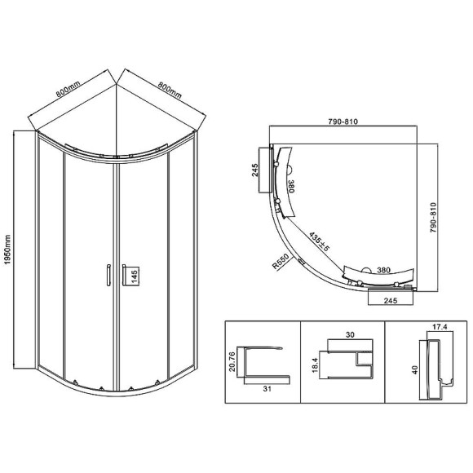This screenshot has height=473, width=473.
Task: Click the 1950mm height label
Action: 7,250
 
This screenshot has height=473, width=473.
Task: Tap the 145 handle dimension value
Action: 135,276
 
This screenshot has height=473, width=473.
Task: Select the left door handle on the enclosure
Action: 108,275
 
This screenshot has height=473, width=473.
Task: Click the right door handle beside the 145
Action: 124,275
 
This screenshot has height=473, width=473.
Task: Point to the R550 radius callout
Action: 281,261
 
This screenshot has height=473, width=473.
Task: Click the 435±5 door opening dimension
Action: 319,241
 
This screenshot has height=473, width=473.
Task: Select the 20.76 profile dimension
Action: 232,361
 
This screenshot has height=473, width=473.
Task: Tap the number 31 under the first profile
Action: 267,389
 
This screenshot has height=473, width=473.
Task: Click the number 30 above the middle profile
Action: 350,335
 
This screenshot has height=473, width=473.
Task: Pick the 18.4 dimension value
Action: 315,365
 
